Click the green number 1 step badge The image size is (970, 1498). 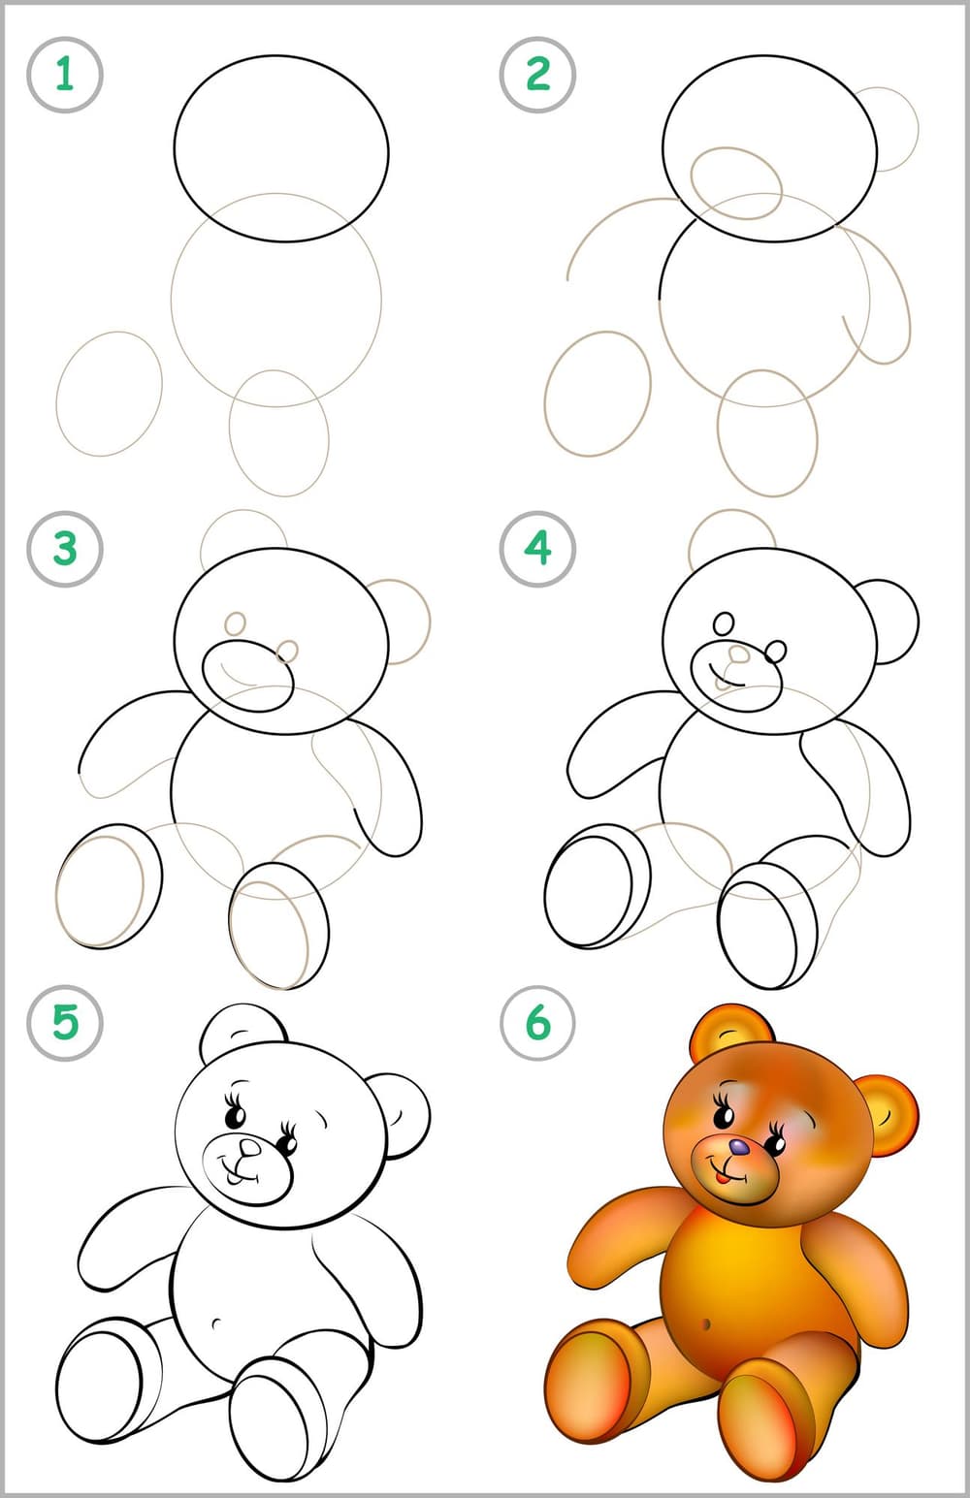(65, 74)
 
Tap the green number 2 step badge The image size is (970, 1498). (537, 74)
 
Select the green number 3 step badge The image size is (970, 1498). (65, 549)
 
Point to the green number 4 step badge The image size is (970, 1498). (537, 549)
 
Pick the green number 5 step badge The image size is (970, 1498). (65, 1023)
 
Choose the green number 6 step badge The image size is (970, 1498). (537, 1023)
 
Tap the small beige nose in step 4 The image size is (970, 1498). (738, 653)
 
